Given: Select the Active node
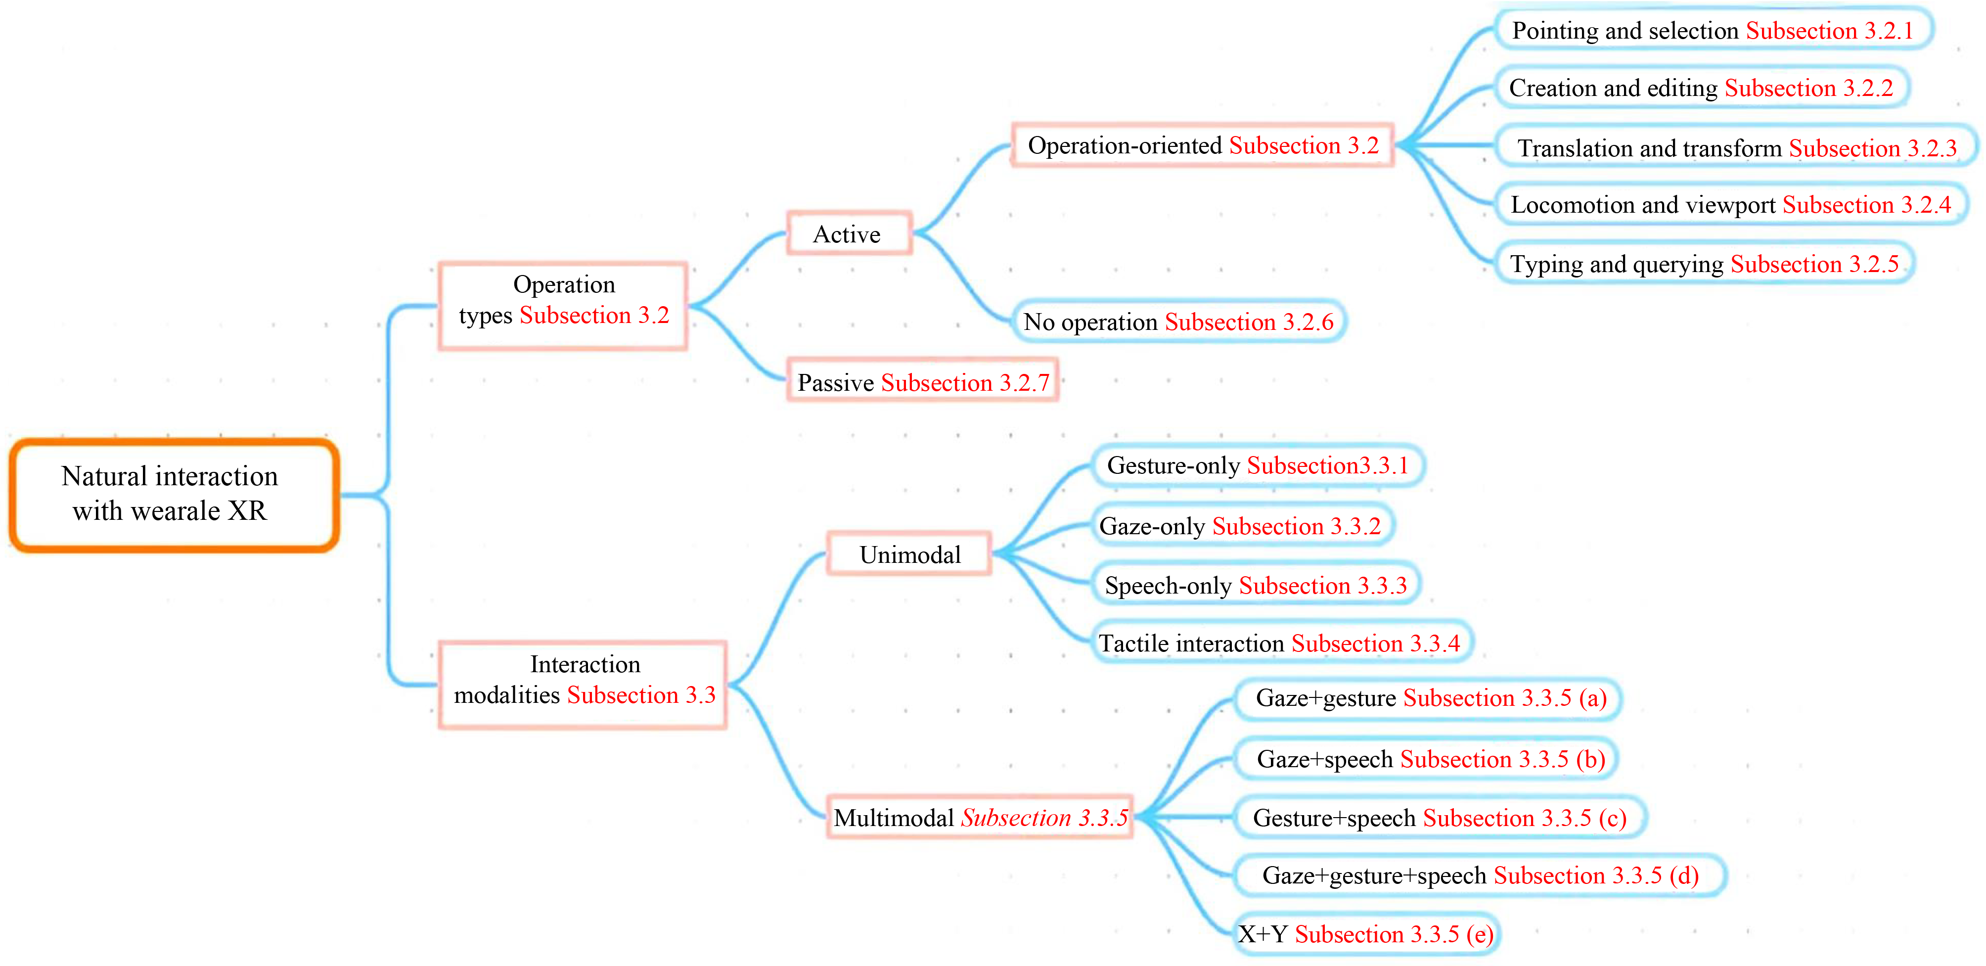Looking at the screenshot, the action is pyautogui.click(x=849, y=233).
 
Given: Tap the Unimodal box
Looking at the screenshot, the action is pyautogui.click(x=909, y=553).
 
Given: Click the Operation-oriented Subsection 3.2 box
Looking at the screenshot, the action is pyautogui.click(x=1203, y=145).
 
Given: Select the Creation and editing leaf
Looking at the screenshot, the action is pyautogui.click(x=1702, y=87).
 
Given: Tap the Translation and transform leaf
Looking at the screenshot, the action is pyautogui.click(x=1736, y=146).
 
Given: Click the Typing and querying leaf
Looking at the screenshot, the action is pyautogui.click(x=1705, y=263).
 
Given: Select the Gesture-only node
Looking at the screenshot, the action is pyautogui.click(x=1258, y=465).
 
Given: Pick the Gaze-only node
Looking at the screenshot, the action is pyautogui.click(x=1243, y=525).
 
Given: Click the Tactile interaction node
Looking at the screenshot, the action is pyautogui.click(x=1281, y=642).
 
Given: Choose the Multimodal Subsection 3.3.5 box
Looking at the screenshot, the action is pyautogui.click(x=980, y=817).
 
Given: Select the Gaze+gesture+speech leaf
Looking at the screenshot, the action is pyautogui.click(x=1480, y=875).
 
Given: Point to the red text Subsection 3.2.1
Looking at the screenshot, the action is pyautogui.click(x=1830, y=30).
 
